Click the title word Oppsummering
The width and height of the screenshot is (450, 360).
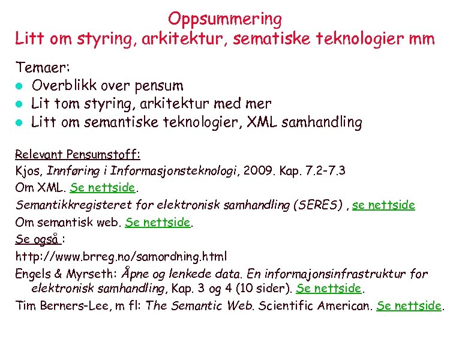[225, 19]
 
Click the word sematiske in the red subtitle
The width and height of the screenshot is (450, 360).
[281, 40]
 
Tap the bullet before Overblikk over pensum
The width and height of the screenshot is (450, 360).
[20, 86]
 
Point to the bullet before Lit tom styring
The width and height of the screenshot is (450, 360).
[20, 104]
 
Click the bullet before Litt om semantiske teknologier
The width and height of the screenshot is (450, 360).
[20, 123]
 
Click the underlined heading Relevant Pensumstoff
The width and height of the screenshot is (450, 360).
[77, 154]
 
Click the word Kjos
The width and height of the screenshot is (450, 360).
[28, 170]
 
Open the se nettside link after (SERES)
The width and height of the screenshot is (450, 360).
[383, 205]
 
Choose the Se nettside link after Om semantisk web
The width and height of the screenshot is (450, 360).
[157, 223]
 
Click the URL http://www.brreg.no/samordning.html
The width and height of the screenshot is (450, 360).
[121, 257]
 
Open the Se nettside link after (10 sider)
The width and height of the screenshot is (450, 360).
[329, 288]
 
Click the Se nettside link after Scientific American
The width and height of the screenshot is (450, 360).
[409, 305]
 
